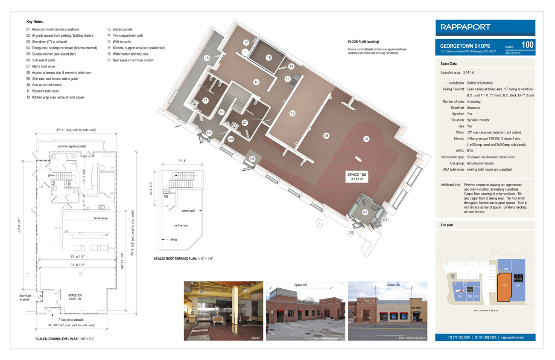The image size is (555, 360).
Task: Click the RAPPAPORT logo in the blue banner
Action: [466, 27]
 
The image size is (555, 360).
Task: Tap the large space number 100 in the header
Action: [527, 44]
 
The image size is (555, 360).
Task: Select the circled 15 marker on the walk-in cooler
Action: [269, 57]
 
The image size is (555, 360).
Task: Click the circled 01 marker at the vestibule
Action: [365, 212]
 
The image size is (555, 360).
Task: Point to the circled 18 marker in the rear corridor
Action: [207, 58]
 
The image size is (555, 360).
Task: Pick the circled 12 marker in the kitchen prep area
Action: [292, 113]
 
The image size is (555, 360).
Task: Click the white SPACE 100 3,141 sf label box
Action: [356, 177]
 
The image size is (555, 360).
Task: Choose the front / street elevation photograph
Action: [388, 311]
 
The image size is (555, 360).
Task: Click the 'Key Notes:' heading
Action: [35, 21]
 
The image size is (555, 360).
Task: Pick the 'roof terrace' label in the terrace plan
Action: [181, 225]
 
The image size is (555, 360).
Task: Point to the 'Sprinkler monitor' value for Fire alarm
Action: [479, 120]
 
